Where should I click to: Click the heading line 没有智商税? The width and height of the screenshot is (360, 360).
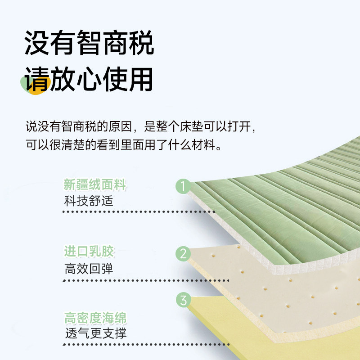(x=89, y=43)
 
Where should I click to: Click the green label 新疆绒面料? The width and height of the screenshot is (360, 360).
(x=95, y=185)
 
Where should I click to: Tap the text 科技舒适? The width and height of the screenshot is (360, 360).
(x=88, y=200)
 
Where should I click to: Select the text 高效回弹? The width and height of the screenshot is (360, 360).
(x=88, y=269)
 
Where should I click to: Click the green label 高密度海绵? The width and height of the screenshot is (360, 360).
(x=95, y=319)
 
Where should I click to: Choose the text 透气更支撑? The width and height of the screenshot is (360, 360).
(x=95, y=333)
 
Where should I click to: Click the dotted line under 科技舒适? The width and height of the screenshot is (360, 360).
(x=139, y=211)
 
